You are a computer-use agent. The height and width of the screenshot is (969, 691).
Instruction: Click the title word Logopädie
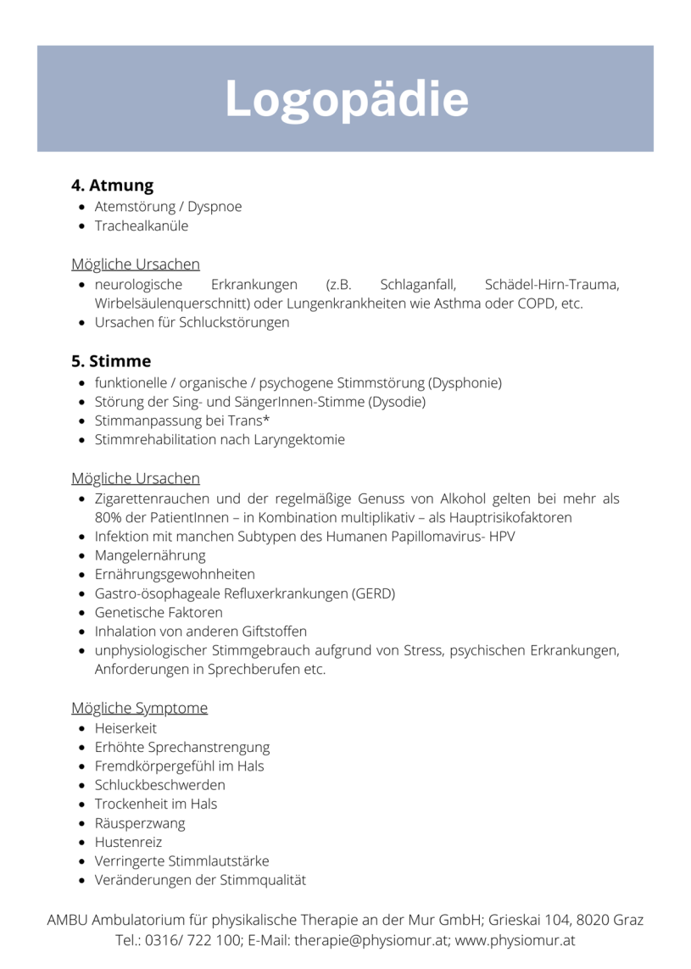tap(346, 99)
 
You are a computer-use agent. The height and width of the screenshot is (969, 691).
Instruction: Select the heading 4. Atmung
tap(112, 185)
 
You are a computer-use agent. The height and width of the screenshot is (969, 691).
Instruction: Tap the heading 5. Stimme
tap(111, 360)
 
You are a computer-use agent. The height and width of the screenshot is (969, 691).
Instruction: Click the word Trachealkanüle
tap(142, 226)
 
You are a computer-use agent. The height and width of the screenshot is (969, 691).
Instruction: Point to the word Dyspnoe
tap(215, 207)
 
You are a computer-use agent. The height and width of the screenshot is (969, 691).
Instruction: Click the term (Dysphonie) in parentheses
tap(465, 382)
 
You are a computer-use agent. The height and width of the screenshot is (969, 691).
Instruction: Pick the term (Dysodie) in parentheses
tap(397, 402)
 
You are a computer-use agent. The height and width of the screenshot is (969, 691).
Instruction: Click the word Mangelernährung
tap(150, 555)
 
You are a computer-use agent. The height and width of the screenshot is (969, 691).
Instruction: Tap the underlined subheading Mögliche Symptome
tap(140, 708)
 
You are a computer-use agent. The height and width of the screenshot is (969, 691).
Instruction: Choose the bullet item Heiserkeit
tap(125, 728)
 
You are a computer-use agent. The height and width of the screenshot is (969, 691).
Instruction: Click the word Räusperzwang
tap(140, 823)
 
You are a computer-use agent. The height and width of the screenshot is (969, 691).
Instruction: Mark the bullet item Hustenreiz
tap(128, 842)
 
